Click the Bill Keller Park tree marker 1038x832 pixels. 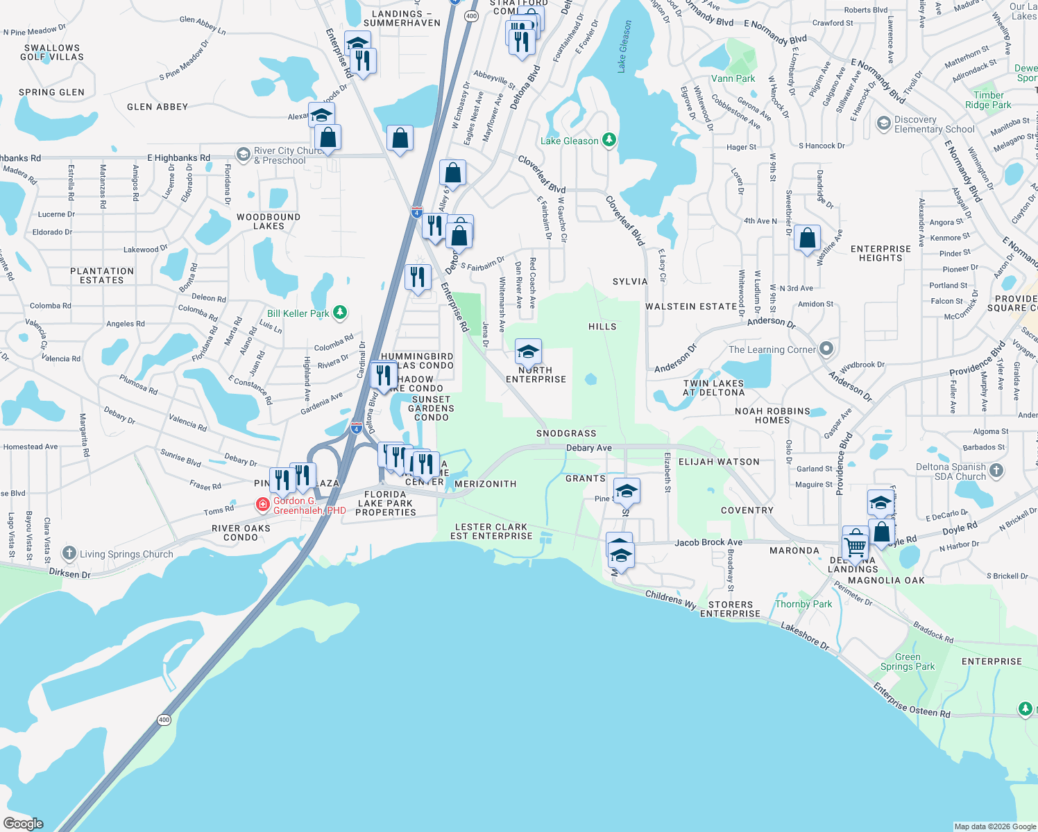click(339, 313)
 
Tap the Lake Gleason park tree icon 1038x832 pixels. click(609, 140)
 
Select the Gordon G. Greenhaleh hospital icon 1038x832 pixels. click(263, 504)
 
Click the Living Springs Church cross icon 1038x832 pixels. click(69, 553)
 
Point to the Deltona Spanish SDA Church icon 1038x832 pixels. click(996, 471)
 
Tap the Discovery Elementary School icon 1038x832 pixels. click(883, 123)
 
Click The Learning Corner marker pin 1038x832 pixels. click(826, 349)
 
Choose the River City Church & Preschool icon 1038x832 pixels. click(243, 154)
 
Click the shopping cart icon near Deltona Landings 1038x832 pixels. click(856, 545)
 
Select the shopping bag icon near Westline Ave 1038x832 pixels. click(807, 239)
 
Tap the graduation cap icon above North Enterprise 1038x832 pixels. click(528, 352)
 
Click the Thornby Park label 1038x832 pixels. click(803, 604)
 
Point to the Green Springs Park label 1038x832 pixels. click(908, 661)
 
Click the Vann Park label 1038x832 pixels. click(733, 78)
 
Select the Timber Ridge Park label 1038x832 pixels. click(988, 100)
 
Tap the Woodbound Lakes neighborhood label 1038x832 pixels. click(269, 221)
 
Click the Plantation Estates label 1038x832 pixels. click(102, 275)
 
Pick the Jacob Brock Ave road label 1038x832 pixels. click(708, 542)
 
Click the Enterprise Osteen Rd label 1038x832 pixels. click(912, 700)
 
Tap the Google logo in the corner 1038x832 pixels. click(24, 823)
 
